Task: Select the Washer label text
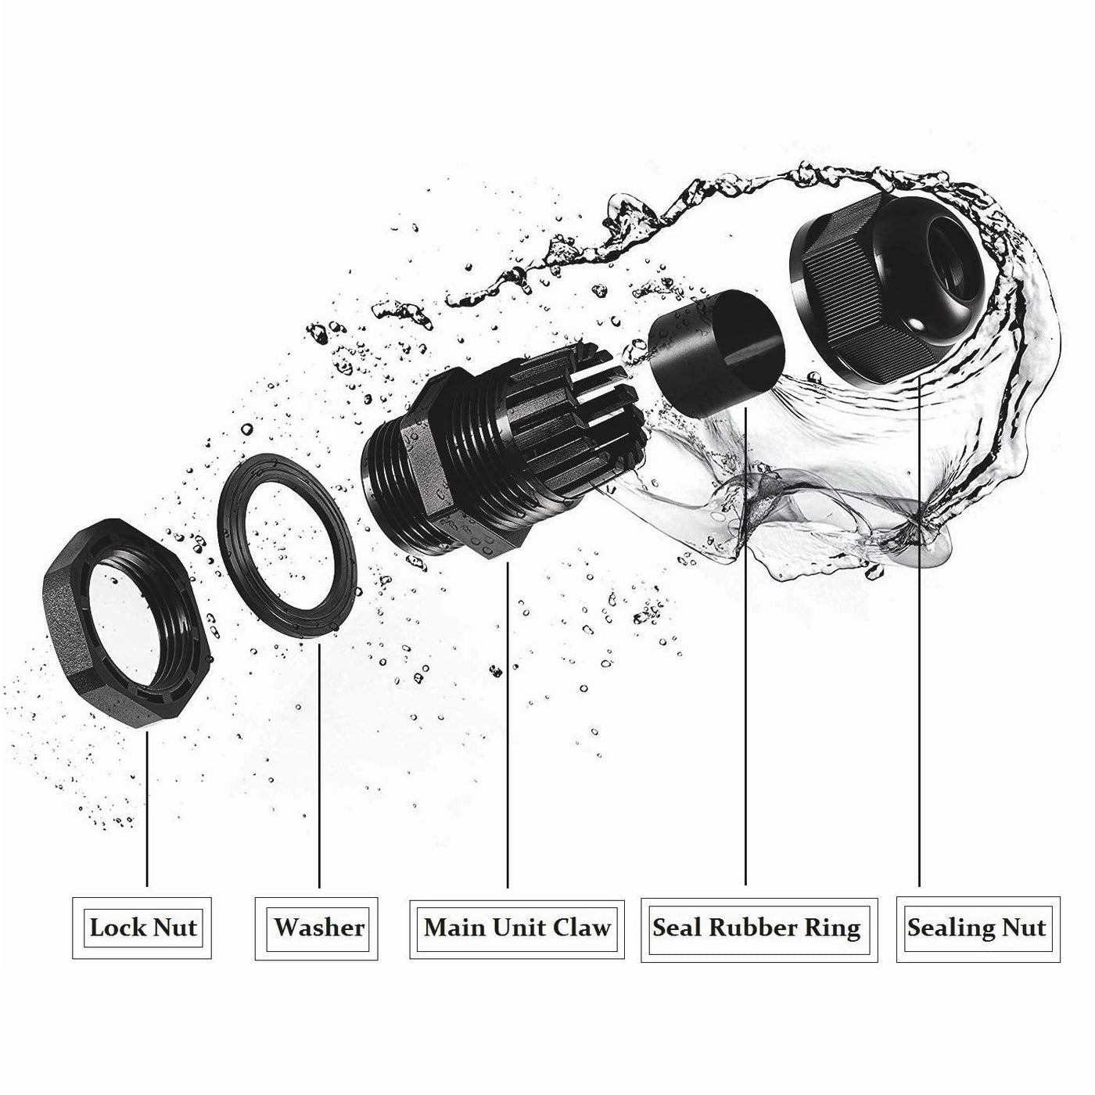(319, 928)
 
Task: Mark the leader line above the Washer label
(319, 766)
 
